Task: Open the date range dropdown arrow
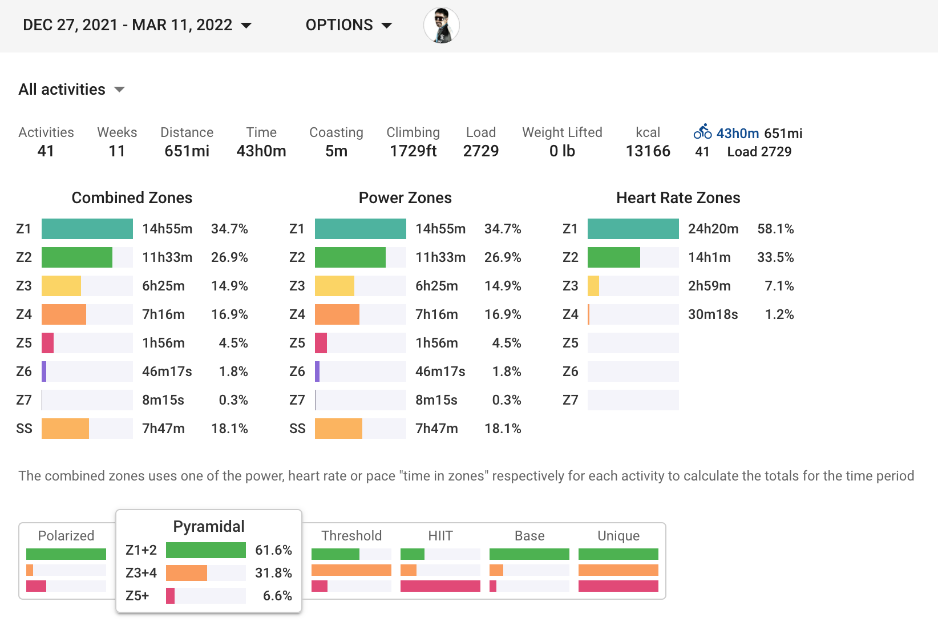[x=246, y=26]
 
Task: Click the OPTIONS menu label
[x=339, y=25]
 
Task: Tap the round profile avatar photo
[x=441, y=26]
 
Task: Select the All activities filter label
[x=62, y=90]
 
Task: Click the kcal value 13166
[x=648, y=151]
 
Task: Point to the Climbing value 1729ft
[x=413, y=151]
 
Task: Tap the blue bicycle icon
[x=702, y=132]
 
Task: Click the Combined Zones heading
[x=132, y=198]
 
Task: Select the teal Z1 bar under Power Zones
[x=360, y=229]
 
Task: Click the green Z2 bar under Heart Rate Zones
[x=613, y=257]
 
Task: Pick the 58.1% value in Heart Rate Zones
[x=775, y=229]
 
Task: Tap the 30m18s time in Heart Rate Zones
[x=713, y=314]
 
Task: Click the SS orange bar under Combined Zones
[x=65, y=429]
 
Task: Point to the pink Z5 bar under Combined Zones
[x=48, y=343]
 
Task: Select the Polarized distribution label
[x=66, y=536]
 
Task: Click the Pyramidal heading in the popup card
[x=209, y=526]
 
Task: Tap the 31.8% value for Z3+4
[x=273, y=573]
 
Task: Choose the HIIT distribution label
[x=440, y=536]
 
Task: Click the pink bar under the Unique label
[x=618, y=586]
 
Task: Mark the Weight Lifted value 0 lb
[x=562, y=151]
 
